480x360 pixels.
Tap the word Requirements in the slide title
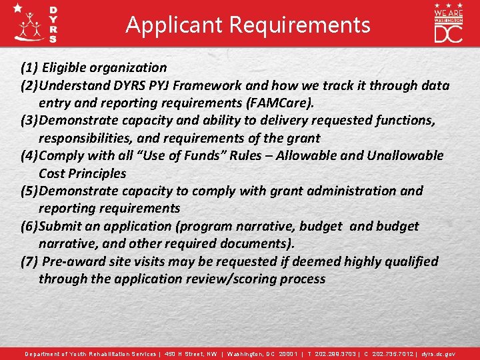[x=299, y=25]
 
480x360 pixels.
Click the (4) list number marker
[x=29, y=155]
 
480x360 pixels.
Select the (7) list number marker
[x=29, y=261]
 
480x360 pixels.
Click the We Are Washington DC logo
[x=448, y=23]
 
